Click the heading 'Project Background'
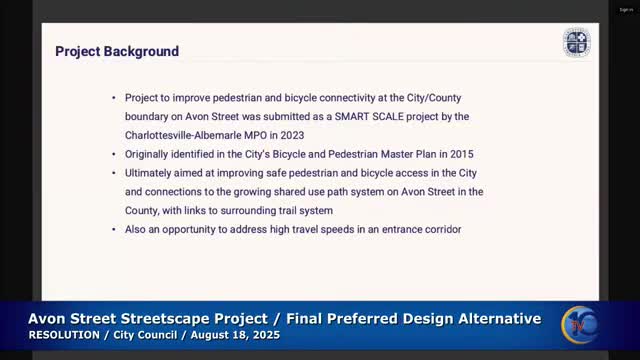coord(117,51)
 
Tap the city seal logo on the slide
coord(576,43)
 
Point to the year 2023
coord(318,134)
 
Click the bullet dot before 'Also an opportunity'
coord(113,229)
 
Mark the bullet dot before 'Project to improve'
coord(113,98)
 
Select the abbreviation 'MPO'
coord(275,134)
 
